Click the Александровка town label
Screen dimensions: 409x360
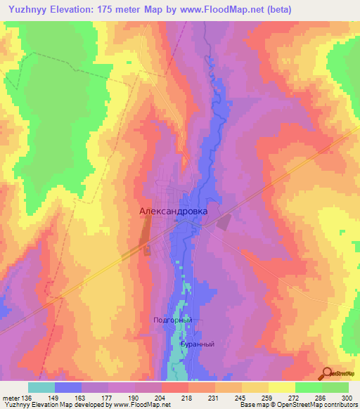coord(174,209)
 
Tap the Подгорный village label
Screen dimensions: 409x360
coord(172,320)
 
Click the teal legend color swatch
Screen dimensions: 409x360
coord(41,387)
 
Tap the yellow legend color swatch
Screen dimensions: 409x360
coord(282,387)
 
